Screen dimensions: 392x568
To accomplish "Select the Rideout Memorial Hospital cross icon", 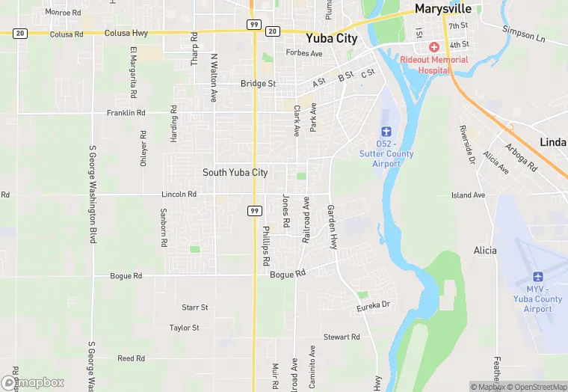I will [x=433, y=47].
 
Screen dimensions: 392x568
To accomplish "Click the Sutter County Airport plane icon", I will [x=386, y=132].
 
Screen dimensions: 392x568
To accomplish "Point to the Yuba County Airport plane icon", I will [x=537, y=275].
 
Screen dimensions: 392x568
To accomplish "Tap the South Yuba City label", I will [x=235, y=173].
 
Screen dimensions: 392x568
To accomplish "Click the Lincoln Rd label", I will [x=179, y=195].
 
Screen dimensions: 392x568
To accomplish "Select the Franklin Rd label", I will [x=126, y=113].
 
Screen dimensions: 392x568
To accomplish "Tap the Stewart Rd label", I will [x=342, y=337].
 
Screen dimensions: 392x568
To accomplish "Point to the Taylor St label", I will [x=184, y=328].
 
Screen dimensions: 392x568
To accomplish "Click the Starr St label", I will [x=194, y=307].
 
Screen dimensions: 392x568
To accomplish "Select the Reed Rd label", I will [x=131, y=359].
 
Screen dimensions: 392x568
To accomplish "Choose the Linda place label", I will [x=553, y=142].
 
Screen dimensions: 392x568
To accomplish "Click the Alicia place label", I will [x=485, y=251].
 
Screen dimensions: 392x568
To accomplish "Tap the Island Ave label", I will [x=468, y=195].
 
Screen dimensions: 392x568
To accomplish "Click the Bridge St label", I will [x=258, y=84].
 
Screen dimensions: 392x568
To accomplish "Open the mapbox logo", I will [x=33, y=382].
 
